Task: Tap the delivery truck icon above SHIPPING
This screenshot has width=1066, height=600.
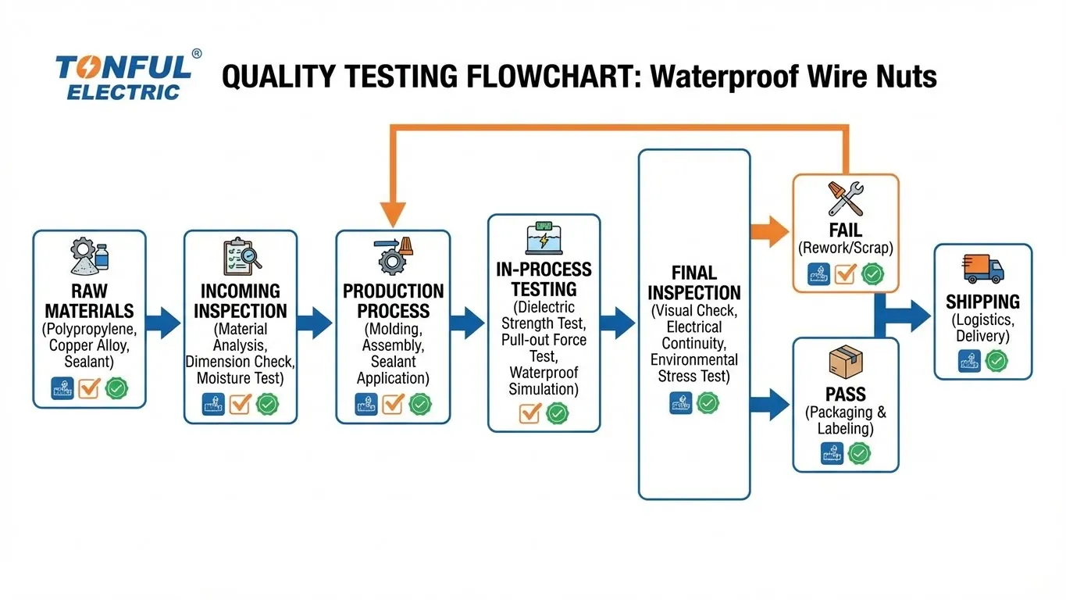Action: point(982,269)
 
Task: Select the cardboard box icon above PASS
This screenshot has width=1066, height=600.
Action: point(845,363)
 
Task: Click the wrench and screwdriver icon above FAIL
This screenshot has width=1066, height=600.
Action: point(845,198)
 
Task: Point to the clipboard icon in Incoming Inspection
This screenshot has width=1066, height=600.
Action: point(241,255)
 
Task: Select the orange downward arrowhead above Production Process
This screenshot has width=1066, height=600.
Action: point(393,212)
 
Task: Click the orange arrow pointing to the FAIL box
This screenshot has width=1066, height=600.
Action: point(769,230)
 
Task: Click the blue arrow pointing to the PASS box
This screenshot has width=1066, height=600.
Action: point(769,404)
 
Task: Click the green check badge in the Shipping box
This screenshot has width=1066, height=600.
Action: point(996,360)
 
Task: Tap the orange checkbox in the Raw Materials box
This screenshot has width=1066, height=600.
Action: point(89,387)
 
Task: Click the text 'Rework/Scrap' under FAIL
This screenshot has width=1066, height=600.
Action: point(845,248)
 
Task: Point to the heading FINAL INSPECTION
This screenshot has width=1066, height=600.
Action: point(693,283)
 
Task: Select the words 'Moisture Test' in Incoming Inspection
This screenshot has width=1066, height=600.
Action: point(241,378)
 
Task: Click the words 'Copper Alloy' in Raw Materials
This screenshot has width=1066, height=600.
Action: point(88,345)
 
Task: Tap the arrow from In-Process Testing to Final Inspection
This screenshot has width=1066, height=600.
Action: point(622,323)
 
